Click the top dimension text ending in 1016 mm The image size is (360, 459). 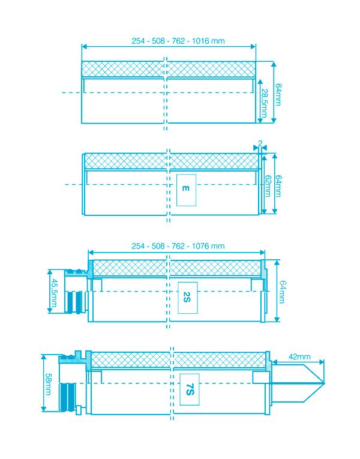[x=170, y=41]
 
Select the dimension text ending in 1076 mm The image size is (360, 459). [x=178, y=246]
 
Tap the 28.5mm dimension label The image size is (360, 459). [x=265, y=101]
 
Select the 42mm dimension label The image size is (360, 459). [x=299, y=356]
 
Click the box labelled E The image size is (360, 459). [x=186, y=190]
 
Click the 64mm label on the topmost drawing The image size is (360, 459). [x=278, y=93]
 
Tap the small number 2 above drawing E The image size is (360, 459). [x=260, y=144]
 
